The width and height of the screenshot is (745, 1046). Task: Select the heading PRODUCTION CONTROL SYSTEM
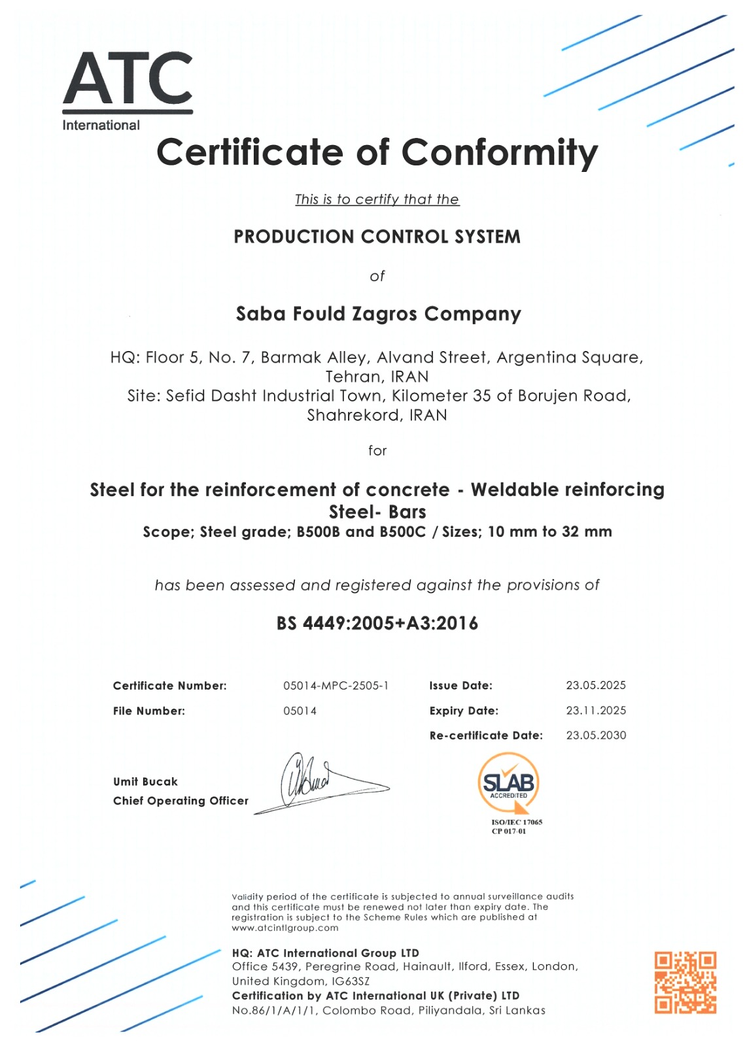click(x=377, y=237)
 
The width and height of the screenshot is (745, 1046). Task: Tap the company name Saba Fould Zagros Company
click(x=378, y=314)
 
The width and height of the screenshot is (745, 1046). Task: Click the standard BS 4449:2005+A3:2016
click(x=377, y=623)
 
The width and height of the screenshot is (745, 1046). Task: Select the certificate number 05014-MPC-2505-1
click(x=336, y=685)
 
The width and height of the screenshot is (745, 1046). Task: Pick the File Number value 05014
click(x=300, y=711)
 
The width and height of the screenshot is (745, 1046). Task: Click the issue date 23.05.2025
click(x=595, y=685)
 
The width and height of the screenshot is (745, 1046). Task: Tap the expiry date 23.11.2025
click(x=595, y=710)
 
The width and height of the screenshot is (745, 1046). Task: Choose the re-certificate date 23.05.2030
click(x=595, y=735)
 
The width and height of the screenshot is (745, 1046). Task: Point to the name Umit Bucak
click(x=145, y=781)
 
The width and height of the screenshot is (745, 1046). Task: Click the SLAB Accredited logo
click(x=508, y=783)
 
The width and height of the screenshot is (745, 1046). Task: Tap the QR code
click(x=685, y=982)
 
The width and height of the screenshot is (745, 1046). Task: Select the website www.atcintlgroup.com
click(x=285, y=928)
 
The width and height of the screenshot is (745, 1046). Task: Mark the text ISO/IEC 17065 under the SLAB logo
click(x=517, y=822)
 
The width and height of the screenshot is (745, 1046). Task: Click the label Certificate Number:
click(x=169, y=686)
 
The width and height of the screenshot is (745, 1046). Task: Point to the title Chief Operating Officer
click(x=181, y=801)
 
